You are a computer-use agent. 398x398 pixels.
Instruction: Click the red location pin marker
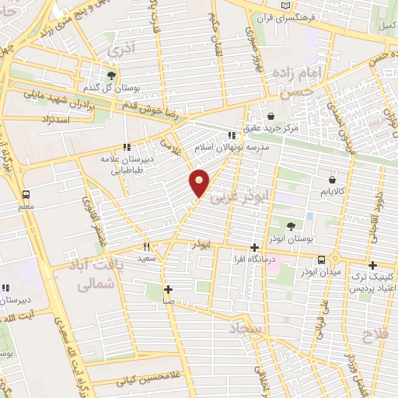click(x=200, y=181)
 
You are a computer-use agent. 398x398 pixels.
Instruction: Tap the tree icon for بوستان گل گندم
click(x=112, y=75)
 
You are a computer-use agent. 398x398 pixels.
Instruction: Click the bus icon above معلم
click(x=26, y=194)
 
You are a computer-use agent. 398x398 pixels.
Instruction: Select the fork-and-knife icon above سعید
click(x=145, y=246)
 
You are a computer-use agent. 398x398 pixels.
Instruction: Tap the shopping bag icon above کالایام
click(x=333, y=180)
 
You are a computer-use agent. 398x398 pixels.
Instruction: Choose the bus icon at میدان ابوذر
click(x=321, y=260)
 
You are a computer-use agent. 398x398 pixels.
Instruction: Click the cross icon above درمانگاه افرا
click(x=254, y=247)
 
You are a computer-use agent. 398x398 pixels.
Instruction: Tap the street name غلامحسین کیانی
click(x=148, y=379)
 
